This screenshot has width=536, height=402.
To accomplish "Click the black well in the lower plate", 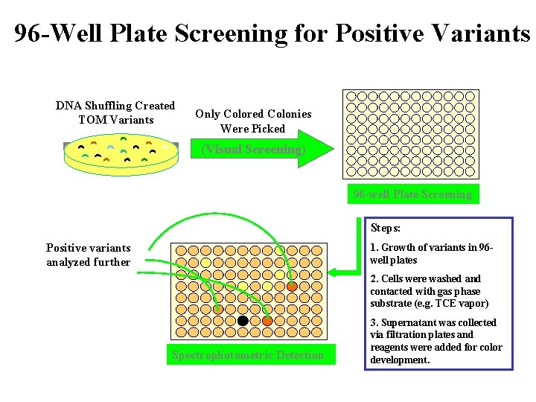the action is pyautogui.click(x=243, y=321).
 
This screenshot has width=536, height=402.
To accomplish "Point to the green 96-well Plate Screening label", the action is pyautogui.click(x=412, y=194).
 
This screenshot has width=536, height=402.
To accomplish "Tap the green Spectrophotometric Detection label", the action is pyautogui.click(x=248, y=355).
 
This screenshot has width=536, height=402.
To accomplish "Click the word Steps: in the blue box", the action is pyautogui.click(x=386, y=228).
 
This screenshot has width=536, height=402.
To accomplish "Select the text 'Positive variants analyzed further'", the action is pyautogui.click(x=88, y=255).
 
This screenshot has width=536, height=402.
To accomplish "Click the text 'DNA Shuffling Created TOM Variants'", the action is pyautogui.click(x=115, y=112).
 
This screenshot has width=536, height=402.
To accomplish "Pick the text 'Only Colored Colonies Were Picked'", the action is pyautogui.click(x=253, y=121).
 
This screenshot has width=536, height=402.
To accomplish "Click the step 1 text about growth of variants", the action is pyautogui.click(x=432, y=253).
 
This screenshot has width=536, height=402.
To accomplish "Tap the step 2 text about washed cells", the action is pyautogui.click(x=429, y=291).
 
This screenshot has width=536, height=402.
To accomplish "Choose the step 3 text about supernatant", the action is pyautogui.click(x=435, y=341).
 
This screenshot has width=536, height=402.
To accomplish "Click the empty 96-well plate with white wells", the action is pyautogui.click(x=410, y=134).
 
